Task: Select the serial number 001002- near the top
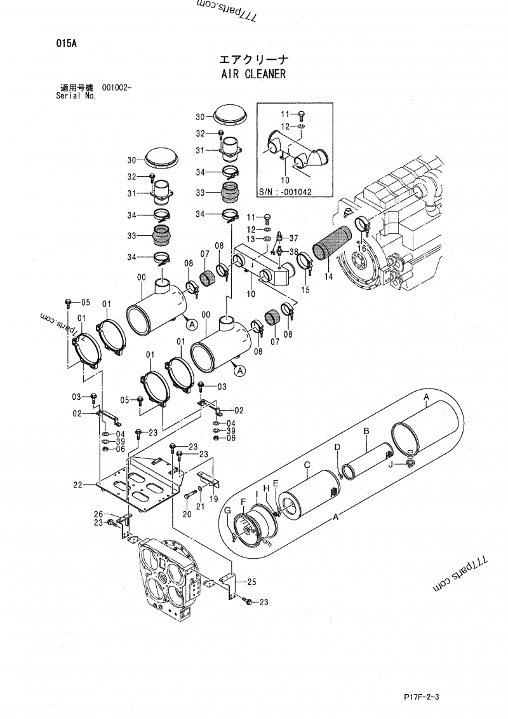tap(117, 88)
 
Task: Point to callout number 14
tap(328, 277)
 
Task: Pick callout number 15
tap(306, 289)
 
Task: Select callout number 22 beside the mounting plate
tap(78, 485)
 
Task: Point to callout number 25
tap(251, 582)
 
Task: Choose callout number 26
tap(98, 514)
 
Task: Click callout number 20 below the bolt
tap(187, 514)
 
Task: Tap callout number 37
tap(293, 238)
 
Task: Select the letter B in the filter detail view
tap(366, 432)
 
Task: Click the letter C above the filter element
tap(307, 465)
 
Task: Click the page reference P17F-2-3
tap(421, 696)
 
